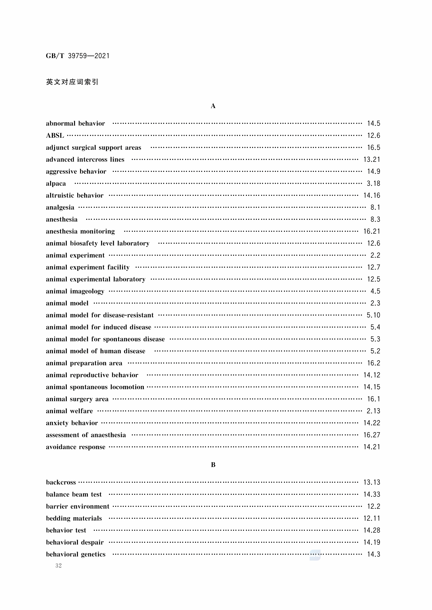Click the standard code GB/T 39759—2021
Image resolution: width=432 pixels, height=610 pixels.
78,56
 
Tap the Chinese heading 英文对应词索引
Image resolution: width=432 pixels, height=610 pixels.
72,82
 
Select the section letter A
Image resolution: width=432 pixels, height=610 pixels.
213,106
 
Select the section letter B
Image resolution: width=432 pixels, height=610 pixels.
213,465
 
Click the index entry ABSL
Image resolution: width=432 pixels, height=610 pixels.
55,135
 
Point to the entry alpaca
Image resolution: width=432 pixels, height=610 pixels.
56,184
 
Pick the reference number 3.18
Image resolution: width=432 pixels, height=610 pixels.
373,184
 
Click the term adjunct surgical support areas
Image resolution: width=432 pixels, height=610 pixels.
93,148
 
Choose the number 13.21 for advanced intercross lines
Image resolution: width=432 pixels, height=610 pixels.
372,159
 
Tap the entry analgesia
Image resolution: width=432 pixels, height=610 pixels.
60,208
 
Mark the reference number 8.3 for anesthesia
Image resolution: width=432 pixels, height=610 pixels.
375,219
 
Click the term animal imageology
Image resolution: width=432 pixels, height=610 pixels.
75,291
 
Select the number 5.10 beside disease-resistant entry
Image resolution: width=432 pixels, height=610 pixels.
373,315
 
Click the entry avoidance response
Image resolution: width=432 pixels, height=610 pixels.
76,447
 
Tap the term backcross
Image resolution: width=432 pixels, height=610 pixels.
61,482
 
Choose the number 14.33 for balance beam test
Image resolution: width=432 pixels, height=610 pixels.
372,494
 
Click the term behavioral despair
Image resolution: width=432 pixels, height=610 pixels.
75,542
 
